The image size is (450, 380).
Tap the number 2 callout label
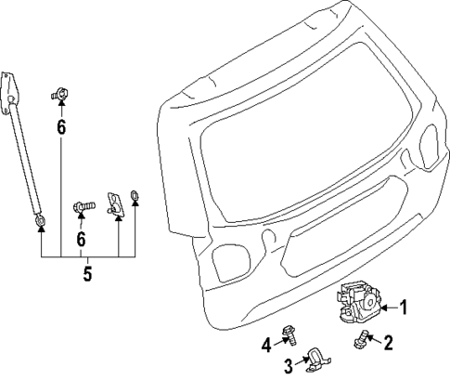pos(390,344)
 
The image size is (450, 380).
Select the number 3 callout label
pos(289,363)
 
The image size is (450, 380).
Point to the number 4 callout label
pos(265,345)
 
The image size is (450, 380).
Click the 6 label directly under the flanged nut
pos(61,127)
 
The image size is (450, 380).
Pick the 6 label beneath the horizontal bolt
pos(81,239)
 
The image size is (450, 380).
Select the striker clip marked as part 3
pos(315,358)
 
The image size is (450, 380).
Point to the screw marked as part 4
pos(289,331)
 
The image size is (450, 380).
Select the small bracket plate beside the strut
pos(116,201)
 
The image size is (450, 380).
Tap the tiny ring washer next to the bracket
pos(135,195)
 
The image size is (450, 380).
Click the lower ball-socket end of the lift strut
pos(42,220)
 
